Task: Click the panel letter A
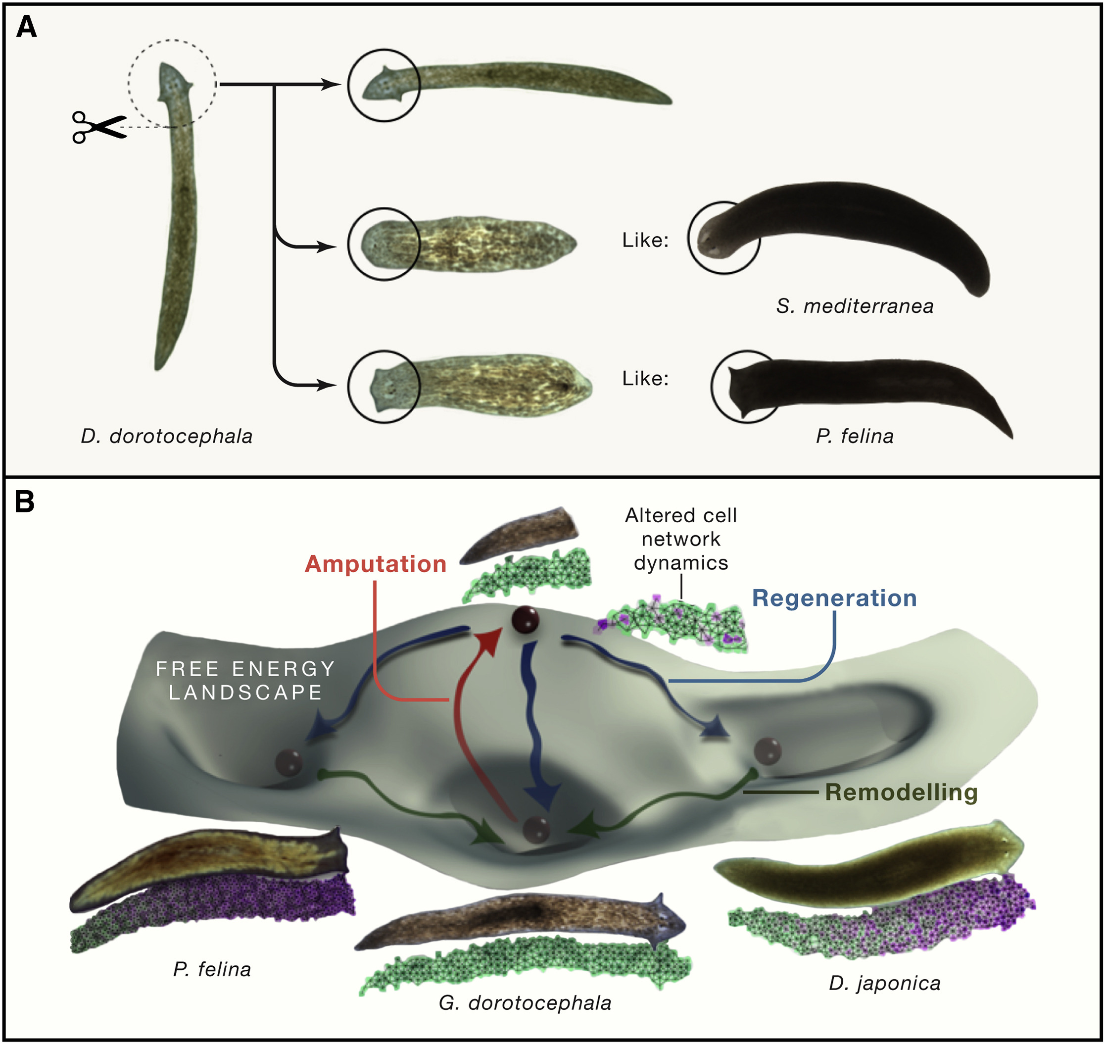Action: tap(26, 27)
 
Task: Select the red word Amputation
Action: tap(376, 564)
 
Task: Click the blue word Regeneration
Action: tap(834, 598)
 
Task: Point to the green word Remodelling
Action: tap(901, 793)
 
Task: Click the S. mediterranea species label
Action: tap(855, 306)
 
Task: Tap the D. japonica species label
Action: tap(884, 983)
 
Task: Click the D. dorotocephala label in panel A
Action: tap(166, 436)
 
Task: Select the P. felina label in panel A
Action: tap(855, 436)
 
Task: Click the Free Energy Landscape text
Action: tap(245, 680)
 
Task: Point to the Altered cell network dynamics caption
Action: tap(680, 539)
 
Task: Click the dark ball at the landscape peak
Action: tap(525, 620)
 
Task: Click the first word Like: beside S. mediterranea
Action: tap(645, 241)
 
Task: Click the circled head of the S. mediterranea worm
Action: tap(723, 238)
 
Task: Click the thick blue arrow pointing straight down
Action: tap(537, 723)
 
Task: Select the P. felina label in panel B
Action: tap(212, 970)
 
